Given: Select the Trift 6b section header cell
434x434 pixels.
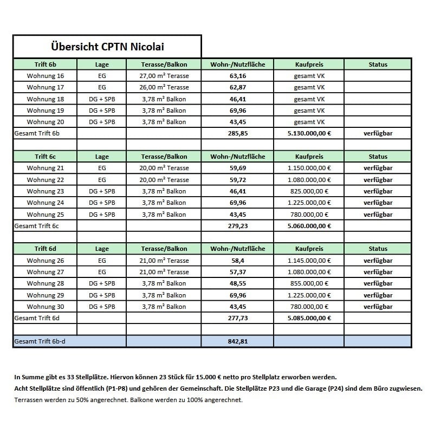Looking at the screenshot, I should click(45, 64).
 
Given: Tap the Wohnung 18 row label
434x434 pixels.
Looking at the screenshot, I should click(45, 99).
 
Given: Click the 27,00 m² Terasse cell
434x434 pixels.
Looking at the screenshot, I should click(164, 76).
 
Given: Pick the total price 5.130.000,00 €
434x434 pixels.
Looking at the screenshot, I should click(309, 133).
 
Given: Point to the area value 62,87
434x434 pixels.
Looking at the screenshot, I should click(238, 87).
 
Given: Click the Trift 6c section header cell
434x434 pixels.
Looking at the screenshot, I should click(45, 157).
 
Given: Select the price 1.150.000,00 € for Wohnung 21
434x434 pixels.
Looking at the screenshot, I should click(309, 168).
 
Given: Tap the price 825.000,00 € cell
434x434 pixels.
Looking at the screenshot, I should click(309, 191).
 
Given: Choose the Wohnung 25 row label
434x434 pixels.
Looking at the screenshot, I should click(45, 215).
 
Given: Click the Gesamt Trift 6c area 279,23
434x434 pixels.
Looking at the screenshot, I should click(238, 226).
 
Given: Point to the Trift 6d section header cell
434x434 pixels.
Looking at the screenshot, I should click(45, 249).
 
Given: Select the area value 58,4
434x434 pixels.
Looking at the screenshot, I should click(238, 261).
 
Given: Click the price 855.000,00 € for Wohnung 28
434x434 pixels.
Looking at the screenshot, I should click(309, 283).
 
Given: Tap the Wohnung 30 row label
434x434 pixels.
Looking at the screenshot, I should click(45, 307).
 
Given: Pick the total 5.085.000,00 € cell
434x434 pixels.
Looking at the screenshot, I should click(309, 318).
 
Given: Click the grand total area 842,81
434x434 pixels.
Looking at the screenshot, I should click(238, 341).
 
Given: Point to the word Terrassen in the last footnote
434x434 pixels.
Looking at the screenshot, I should click(29, 400).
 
